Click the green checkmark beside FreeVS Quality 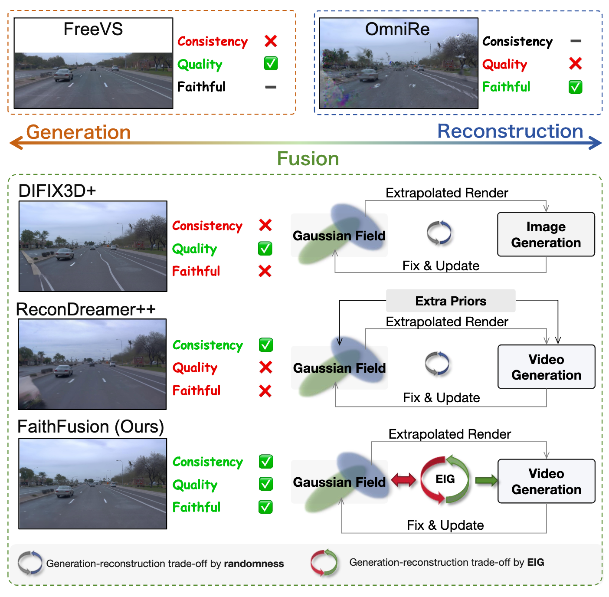click(x=271, y=64)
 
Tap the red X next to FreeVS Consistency click(x=271, y=41)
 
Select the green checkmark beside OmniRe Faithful click(x=575, y=87)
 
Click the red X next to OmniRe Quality click(x=575, y=64)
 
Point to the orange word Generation click(x=79, y=132)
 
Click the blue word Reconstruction click(x=510, y=131)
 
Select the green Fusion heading click(x=308, y=159)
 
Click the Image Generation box click(x=546, y=234)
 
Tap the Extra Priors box click(x=450, y=301)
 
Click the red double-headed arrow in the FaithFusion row click(x=403, y=480)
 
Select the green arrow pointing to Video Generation click(x=486, y=480)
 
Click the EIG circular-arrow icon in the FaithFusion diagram click(x=445, y=479)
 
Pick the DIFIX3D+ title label click(x=57, y=191)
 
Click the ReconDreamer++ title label click(x=85, y=309)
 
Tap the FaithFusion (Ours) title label click(x=91, y=426)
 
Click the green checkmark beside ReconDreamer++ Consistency click(x=265, y=345)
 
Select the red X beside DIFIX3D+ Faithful click(x=265, y=271)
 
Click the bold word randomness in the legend click(x=254, y=564)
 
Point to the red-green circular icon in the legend click(x=324, y=562)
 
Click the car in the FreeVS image click(x=63, y=75)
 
